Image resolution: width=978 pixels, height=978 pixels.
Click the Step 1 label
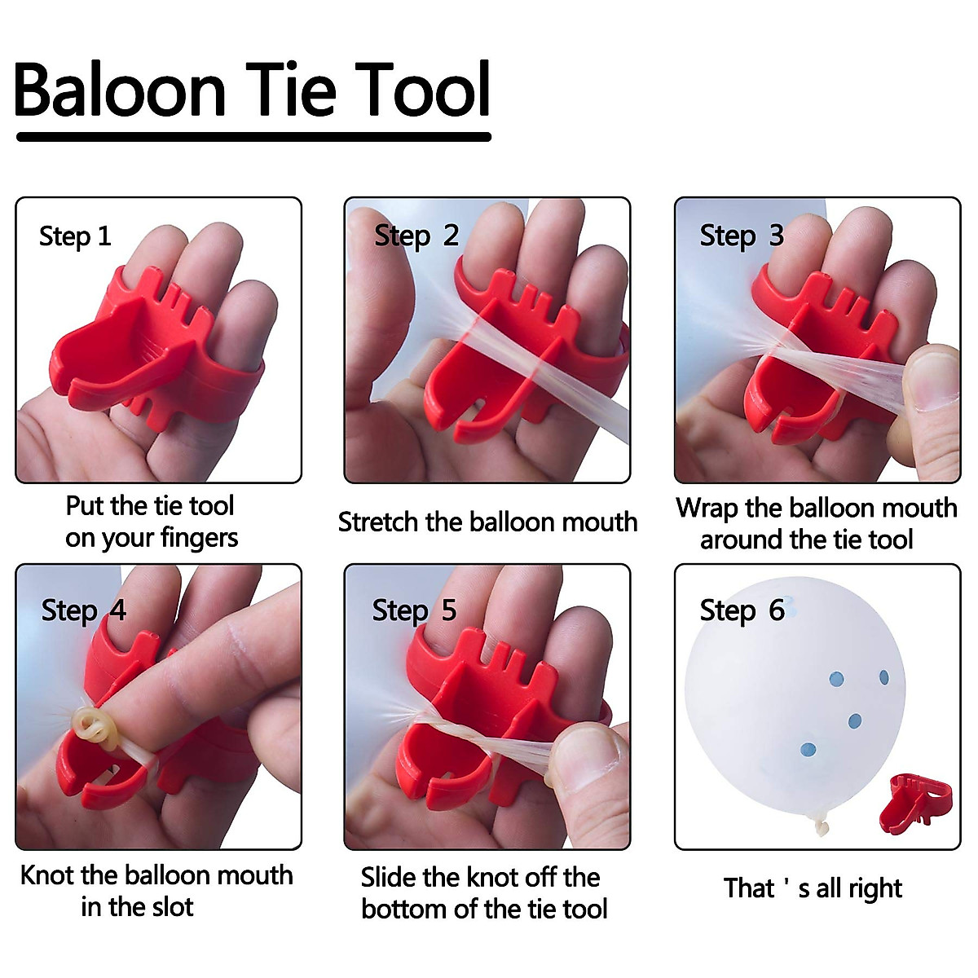tap(75, 236)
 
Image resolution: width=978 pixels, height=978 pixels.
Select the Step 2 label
tap(416, 236)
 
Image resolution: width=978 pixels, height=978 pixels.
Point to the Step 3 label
tap(742, 236)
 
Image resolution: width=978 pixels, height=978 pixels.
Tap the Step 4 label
tap(84, 610)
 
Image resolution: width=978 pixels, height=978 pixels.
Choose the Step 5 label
tap(414, 610)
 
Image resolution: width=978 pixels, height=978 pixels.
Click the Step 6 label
tap(742, 610)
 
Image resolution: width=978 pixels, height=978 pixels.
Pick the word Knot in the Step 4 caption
tap(47, 875)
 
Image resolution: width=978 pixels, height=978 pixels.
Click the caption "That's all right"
tap(813, 888)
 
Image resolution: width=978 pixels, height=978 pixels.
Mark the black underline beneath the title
tap(253, 137)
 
